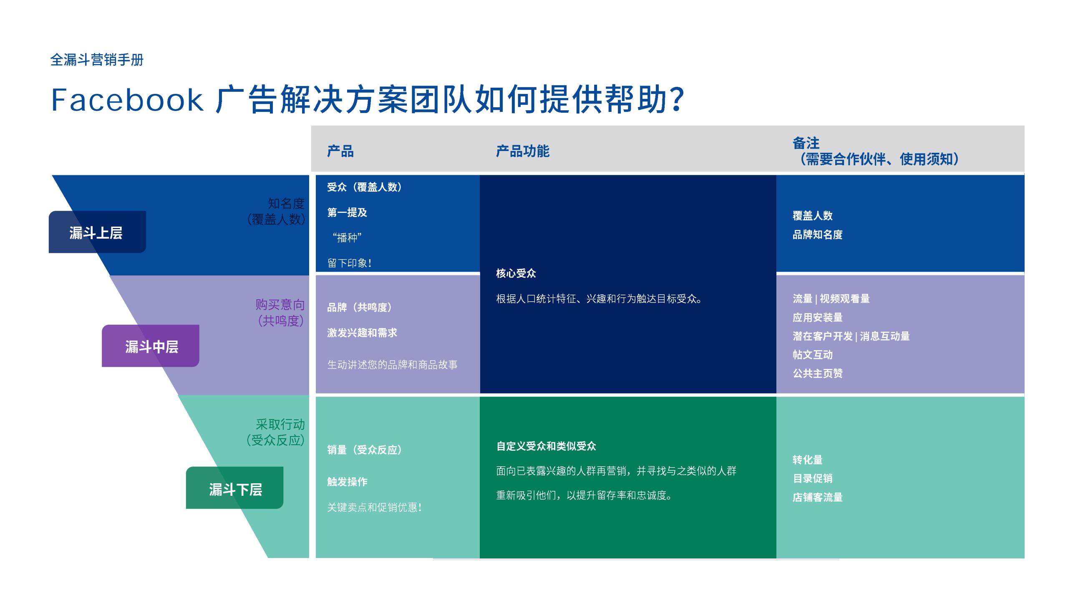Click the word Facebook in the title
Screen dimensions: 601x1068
click(x=127, y=100)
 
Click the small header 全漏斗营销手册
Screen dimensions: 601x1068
click(x=97, y=60)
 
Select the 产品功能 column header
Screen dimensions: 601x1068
click(x=522, y=151)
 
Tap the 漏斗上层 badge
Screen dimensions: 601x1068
click(x=97, y=232)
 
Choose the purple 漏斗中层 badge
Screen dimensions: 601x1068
click(x=151, y=346)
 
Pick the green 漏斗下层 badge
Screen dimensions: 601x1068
click(x=235, y=489)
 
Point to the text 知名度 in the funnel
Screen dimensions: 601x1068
click(x=286, y=204)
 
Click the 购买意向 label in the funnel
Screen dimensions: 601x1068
click(x=280, y=305)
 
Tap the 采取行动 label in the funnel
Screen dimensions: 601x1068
click(x=280, y=424)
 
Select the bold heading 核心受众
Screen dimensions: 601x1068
click(x=516, y=273)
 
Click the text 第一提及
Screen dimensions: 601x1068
click(x=347, y=212)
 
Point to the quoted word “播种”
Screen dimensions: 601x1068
click(x=347, y=237)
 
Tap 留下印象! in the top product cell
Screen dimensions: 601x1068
click(x=350, y=263)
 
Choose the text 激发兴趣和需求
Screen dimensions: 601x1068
click(x=362, y=333)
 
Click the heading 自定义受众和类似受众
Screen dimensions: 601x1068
click(x=546, y=446)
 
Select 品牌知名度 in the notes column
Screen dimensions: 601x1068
click(x=817, y=235)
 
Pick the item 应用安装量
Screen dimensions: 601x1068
click(x=817, y=318)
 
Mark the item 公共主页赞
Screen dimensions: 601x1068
click(x=817, y=373)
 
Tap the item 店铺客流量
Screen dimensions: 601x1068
click(x=817, y=497)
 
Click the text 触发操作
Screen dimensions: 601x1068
click(x=347, y=482)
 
